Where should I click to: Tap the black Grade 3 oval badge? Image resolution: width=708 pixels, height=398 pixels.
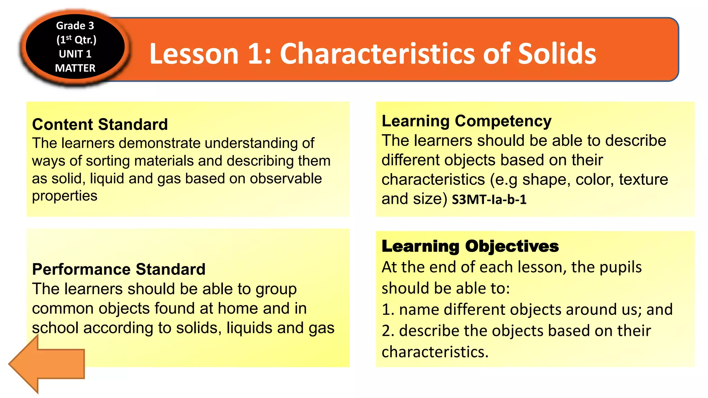click(x=75, y=47)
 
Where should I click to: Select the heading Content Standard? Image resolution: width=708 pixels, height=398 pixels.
click(x=100, y=124)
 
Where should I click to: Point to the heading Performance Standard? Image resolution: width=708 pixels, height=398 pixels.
click(x=119, y=269)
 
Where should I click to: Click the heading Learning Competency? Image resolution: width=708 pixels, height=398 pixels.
click(x=466, y=121)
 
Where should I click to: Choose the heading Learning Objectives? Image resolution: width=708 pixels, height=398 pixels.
click(x=470, y=246)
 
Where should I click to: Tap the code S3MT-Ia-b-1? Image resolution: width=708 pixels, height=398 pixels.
click(x=489, y=200)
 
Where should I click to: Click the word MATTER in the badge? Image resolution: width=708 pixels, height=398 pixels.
click(x=75, y=68)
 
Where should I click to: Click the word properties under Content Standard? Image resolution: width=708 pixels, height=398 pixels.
click(x=65, y=196)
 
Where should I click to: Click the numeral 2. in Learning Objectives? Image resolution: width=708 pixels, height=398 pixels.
click(x=388, y=331)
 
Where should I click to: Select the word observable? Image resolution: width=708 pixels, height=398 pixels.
click(x=286, y=179)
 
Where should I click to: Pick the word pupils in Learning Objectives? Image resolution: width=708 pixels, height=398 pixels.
click(x=621, y=267)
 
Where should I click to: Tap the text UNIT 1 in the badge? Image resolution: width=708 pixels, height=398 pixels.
click(x=75, y=54)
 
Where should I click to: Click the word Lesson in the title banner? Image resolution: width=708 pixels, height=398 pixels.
click(x=194, y=54)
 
